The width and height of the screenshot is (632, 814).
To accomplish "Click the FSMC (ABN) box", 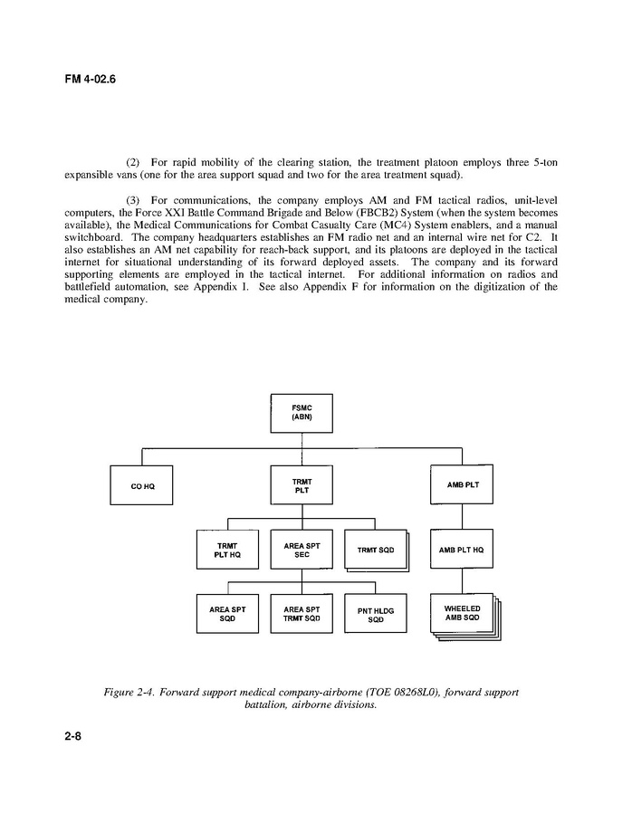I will coord(302,414).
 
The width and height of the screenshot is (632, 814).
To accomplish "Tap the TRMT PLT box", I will coord(302,485).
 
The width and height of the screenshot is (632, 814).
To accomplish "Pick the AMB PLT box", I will coord(462,485).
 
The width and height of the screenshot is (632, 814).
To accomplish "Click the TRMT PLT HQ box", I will coord(227,550).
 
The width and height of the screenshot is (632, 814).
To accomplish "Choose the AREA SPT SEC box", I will coord(302,550).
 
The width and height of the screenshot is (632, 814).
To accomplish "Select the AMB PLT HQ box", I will coord(462,550).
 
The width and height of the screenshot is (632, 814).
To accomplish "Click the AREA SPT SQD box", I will coord(227,614).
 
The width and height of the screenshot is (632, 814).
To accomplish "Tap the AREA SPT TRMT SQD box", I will coord(302,614).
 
